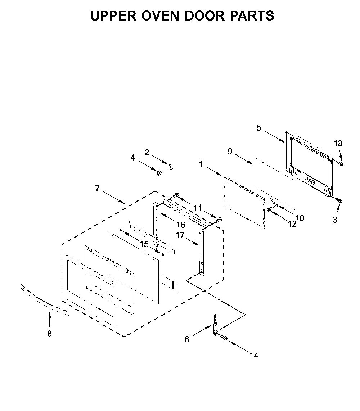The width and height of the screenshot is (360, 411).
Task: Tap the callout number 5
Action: coord(258,128)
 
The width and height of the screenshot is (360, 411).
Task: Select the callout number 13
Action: coord(338,143)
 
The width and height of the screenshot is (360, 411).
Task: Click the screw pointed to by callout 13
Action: coord(341,164)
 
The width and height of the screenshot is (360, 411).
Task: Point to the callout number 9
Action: coord(230,152)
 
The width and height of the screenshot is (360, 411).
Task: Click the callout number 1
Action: coord(201,164)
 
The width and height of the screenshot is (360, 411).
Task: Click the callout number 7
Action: coord(97,188)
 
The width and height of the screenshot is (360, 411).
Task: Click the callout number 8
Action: coord(50,334)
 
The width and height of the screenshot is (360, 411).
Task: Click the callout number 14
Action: coord(254,356)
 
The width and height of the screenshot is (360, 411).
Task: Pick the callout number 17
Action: coord(180,235)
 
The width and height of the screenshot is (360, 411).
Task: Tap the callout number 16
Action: coord(181,225)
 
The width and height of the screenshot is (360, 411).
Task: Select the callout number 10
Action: coord(300,218)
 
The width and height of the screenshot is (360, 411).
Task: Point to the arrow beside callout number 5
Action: coord(274,136)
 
